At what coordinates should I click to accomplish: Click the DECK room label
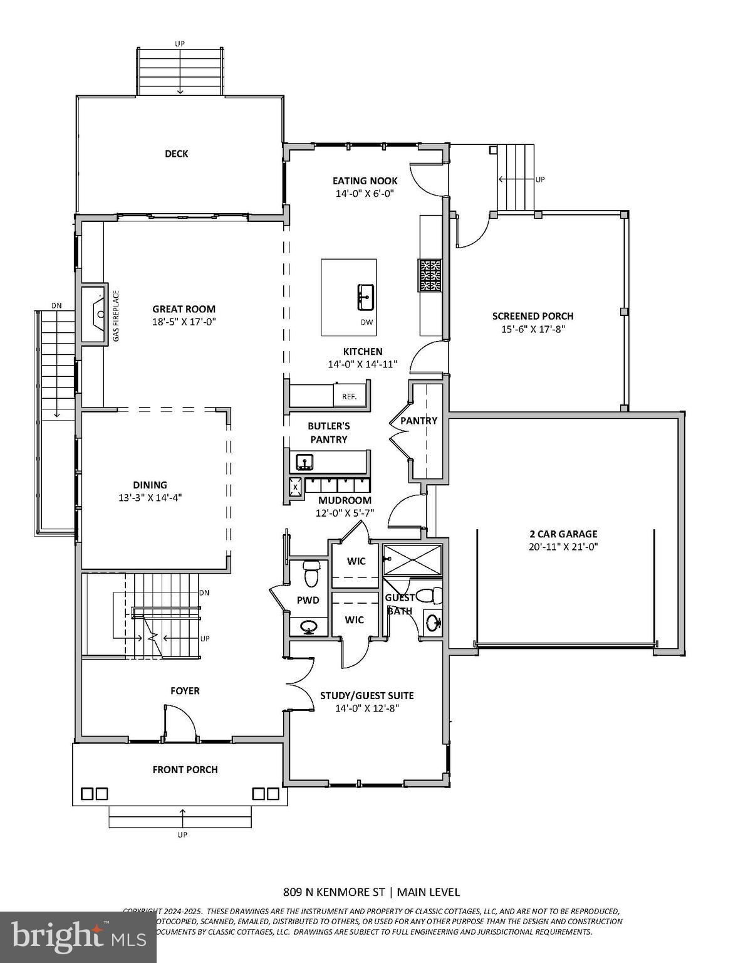(x=176, y=154)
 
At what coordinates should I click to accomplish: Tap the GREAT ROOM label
(x=184, y=308)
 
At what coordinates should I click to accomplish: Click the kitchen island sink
(x=366, y=297)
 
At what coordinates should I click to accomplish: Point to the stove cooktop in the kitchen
(x=430, y=276)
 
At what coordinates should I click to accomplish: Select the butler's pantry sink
(x=305, y=463)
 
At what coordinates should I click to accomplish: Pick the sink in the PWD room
(x=308, y=626)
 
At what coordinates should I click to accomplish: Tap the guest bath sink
(x=433, y=623)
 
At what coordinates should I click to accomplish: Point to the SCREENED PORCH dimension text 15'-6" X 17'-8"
(x=533, y=329)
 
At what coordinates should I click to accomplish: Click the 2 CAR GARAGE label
(x=563, y=534)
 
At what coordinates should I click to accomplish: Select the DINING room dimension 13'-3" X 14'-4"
(x=150, y=498)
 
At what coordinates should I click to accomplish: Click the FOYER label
(x=185, y=690)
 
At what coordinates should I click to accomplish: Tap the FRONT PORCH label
(x=185, y=769)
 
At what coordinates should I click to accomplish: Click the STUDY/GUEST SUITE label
(x=366, y=695)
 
